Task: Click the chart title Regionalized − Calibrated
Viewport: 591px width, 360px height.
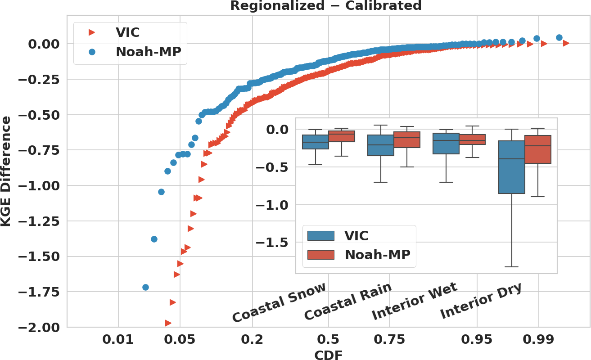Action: [326, 6]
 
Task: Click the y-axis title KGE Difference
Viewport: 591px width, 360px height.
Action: [6, 171]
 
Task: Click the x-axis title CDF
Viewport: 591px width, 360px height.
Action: [328, 355]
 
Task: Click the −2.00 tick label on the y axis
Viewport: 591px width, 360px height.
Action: [39, 327]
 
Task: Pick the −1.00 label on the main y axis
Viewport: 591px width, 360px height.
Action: [39, 185]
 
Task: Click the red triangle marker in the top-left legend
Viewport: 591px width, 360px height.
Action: [92, 32]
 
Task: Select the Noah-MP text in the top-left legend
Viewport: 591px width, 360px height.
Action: [149, 52]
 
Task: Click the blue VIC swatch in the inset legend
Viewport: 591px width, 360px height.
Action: [320, 236]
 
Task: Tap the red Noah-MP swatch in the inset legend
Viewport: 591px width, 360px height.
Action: [320, 255]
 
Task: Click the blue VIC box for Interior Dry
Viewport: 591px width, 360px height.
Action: [512, 167]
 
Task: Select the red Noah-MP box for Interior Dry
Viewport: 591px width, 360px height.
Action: [538, 149]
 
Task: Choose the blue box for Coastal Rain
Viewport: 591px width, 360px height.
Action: [381, 145]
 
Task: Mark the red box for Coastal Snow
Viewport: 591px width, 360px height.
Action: [341, 136]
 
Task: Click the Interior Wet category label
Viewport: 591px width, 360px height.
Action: [414, 302]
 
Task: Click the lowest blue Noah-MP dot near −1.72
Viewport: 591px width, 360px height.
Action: [145, 287]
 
